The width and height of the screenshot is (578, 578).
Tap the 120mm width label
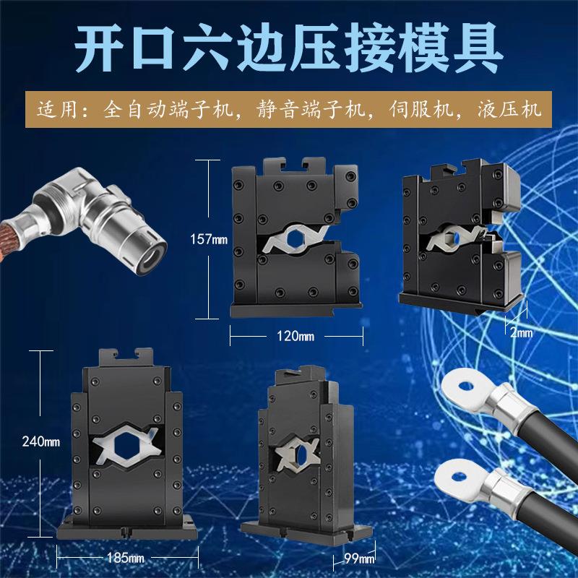coord(296,337)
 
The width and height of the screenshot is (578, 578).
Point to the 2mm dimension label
coord(520,332)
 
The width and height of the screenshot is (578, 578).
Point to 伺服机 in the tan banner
coord(426,111)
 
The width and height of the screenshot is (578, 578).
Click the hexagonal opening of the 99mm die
coord(296,453)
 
